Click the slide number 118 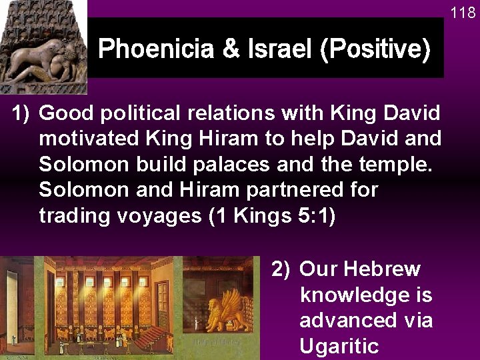coord(463,13)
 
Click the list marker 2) coord(281,269)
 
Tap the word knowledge coord(366,295)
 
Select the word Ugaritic coord(339,345)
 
